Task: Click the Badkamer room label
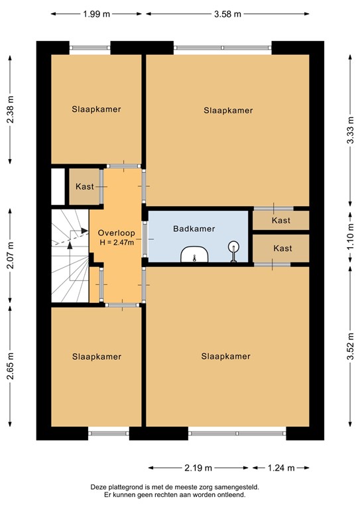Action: click(194, 229)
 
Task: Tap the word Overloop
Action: click(116, 233)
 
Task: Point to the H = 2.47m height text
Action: click(117, 243)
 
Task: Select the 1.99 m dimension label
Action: click(97, 15)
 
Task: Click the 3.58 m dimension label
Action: click(227, 15)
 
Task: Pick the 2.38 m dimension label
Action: click(11, 110)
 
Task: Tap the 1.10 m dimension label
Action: click(349, 237)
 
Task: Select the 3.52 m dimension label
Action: click(349, 346)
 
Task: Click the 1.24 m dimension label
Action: click(281, 468)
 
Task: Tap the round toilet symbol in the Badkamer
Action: click(233, 250)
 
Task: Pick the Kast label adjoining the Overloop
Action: click(85, 187)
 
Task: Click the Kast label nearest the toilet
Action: click(282, 249)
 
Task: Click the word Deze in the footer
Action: click(99, 486)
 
